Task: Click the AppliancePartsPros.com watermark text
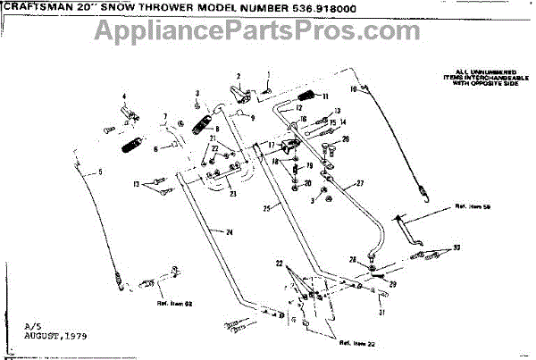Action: (267, 35)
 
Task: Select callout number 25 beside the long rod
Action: (267, 208)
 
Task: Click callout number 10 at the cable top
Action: (354, 91)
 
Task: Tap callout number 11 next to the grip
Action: (326, 96)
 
